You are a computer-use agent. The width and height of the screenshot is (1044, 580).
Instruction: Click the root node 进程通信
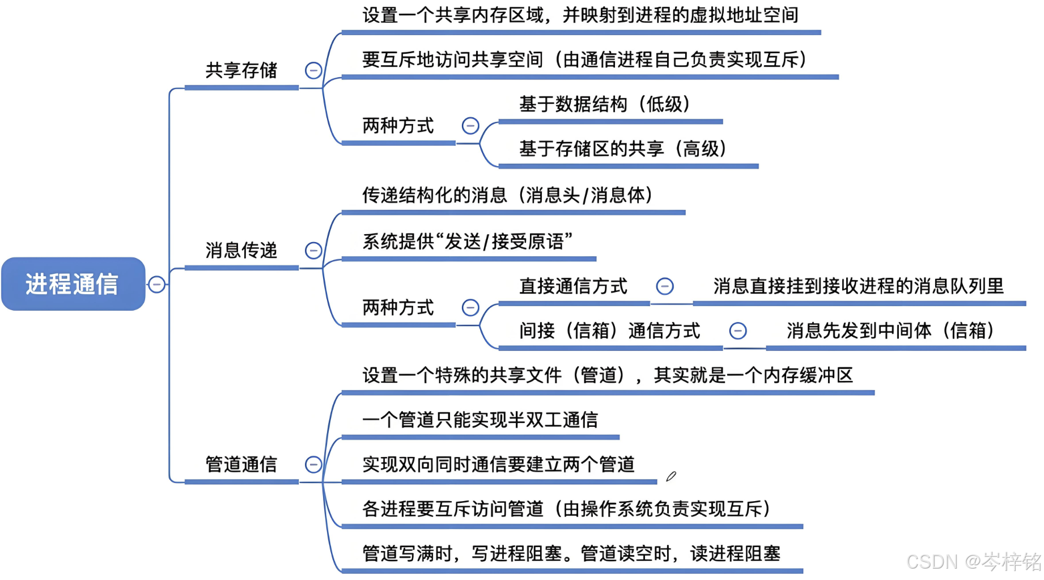(73, 283)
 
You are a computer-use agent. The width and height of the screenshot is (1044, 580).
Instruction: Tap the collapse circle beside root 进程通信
(157, 284)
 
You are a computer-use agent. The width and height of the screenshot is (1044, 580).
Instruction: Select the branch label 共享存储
(241, 70)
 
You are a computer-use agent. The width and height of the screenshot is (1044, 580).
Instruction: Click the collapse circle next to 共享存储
(313, 70)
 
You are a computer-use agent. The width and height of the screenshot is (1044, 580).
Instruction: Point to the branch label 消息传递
(241, 250)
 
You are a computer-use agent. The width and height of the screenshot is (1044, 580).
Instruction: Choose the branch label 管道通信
(241, 464)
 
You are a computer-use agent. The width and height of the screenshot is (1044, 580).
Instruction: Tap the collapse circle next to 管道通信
(313, 464)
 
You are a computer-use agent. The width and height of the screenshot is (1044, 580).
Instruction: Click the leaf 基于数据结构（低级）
(604, 104)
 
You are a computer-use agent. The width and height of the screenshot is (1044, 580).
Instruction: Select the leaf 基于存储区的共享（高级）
(622, 149)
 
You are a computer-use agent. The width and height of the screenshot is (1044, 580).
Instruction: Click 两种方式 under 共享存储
(398, 126)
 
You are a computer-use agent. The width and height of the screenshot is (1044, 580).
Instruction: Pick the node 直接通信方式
(573, 286)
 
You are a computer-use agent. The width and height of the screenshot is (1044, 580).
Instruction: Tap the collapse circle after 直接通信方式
(665, 286)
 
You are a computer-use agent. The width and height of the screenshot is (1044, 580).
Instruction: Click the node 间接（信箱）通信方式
(609, 331)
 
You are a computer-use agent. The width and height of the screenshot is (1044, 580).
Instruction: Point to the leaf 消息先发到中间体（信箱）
(890, 331)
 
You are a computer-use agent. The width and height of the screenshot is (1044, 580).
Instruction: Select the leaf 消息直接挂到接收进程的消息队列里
(858, 286)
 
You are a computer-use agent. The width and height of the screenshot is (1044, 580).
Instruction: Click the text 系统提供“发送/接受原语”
(468, 242)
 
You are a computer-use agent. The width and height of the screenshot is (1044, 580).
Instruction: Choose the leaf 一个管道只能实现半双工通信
(480, 420)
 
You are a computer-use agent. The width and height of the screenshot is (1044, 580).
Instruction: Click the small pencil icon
(671, 476)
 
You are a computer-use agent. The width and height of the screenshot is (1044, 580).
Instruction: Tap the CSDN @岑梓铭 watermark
(973, 562)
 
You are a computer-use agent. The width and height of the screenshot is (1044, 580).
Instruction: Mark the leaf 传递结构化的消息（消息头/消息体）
(507, 195)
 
